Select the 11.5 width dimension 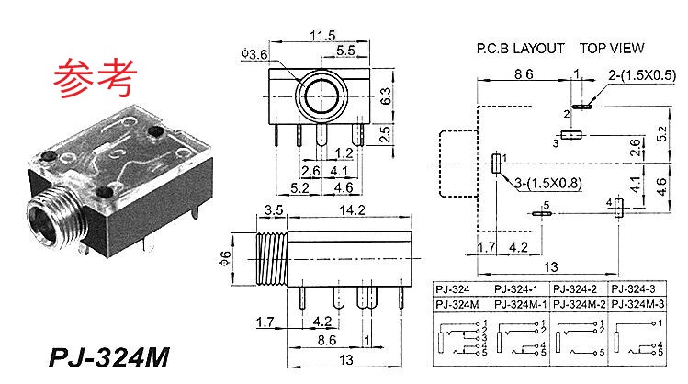[319, 36]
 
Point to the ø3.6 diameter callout [254, 55]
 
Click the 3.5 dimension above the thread [273, 209]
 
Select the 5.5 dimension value [345, 51]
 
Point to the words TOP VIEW [612, 48]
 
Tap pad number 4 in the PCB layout [618, 209]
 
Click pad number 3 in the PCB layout [572, 136]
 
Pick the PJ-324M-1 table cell [521, 304]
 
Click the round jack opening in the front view [321, 94]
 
